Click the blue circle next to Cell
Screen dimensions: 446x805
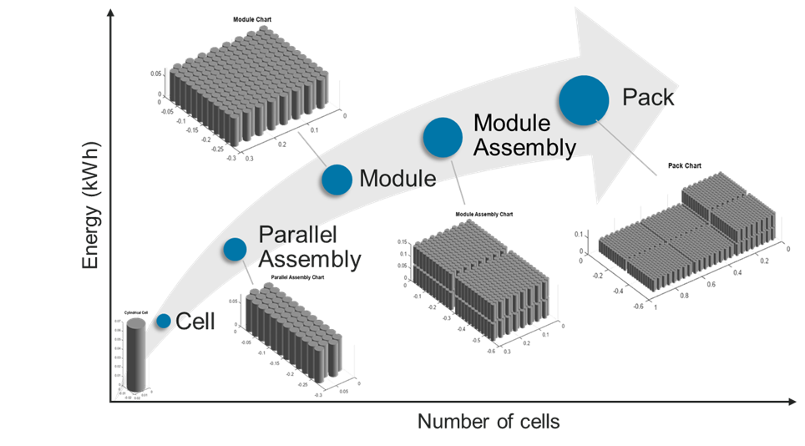(164, 321)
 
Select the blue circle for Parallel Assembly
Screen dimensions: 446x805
(235, 249)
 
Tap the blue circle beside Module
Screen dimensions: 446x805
(337, 180)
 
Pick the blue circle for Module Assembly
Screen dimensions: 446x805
(443, 138)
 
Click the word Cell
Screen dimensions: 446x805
(195, 322)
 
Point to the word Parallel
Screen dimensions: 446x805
(296, 236)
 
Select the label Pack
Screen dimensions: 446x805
(648, 98)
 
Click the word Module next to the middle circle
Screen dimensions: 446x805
(397, 178)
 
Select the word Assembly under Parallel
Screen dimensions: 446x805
(310, 260)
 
